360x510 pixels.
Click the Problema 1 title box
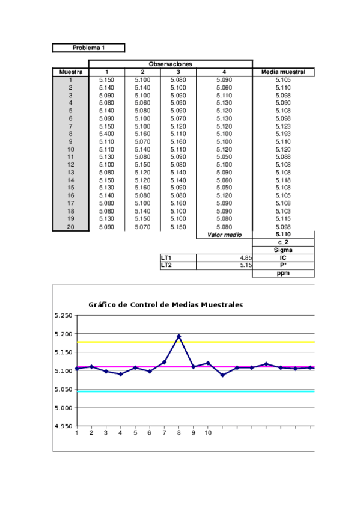point(88,48)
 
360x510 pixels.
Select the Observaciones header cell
point(170,64)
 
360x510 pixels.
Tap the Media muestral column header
point(283,72)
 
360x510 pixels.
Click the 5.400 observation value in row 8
point(107,134)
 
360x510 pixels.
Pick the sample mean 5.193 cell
point(283,134)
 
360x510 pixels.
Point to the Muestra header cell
point(71,72)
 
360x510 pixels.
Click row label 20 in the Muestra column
point(71,227)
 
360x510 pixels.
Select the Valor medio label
point(224,235)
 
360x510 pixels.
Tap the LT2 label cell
point(177,265)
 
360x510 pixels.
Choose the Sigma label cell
point(283,250)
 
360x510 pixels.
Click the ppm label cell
point(283,273)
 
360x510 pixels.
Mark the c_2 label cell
point(283,242)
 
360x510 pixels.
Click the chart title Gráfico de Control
point(166,305)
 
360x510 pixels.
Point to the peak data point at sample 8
point(178,336)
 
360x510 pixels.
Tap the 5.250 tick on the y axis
point(63,315)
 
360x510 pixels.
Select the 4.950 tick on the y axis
point(63,426)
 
